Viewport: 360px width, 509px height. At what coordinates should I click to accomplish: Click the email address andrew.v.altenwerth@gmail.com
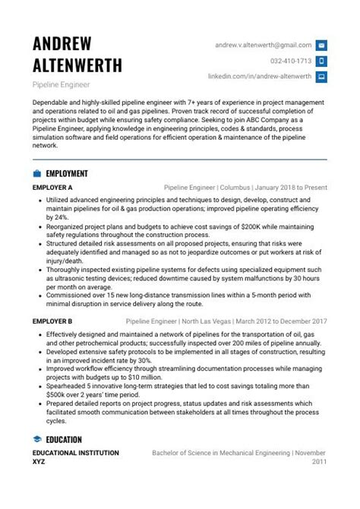point(263,45)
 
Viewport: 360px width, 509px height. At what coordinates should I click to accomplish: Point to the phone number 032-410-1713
point(291,61)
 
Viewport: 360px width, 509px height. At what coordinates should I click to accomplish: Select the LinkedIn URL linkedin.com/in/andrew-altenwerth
point(260,77)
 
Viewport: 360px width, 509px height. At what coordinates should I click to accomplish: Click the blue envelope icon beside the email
point(321,45)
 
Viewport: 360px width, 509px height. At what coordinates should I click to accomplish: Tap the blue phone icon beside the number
point(321,61)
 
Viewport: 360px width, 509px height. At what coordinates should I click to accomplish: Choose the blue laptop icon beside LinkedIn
point(321,77)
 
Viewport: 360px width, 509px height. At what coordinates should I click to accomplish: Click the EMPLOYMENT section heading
point(67,173)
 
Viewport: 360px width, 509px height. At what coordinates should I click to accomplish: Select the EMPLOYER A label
point(52,187)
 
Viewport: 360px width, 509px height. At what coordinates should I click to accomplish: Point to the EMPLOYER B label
point(52,321)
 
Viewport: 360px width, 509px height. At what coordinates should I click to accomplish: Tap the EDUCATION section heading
point(65,439)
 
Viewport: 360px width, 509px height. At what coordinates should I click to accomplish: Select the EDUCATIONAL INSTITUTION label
point(76,453)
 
